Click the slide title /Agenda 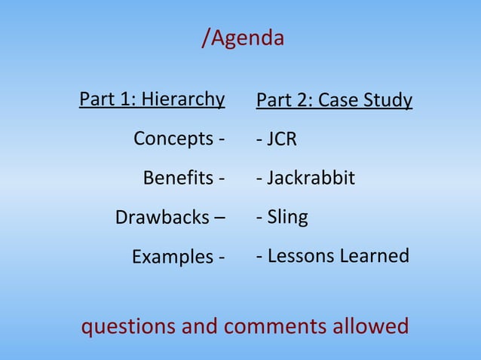[243, 38]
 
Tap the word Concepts [173, 139]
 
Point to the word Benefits [178, 179]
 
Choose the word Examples [173, 258]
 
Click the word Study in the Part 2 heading [387, 100]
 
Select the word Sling [287, 218]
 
